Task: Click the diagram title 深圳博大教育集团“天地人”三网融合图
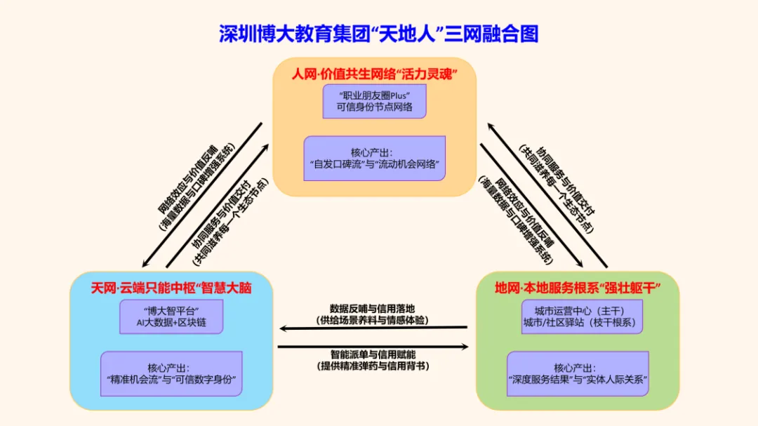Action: (378, 34)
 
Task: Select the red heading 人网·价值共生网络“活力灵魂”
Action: (374, 74)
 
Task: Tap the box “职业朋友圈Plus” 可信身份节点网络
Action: (374, 101)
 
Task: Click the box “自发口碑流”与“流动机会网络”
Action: (374, 158)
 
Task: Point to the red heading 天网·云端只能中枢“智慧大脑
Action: (171, 288)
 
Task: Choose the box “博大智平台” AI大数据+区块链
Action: (171, 317)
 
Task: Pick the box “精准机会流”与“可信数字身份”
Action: (171, 374)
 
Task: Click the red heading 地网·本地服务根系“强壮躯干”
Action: (578, 288)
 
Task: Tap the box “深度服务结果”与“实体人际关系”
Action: (578, 374)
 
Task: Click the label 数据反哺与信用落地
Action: (372, 309)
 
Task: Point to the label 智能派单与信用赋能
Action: (373, 354)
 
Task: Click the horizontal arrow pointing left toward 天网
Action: (373, 328)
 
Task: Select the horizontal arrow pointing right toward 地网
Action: (373, 347)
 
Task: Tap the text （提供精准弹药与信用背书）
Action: (373, 366)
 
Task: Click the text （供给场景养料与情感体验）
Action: (372, 320)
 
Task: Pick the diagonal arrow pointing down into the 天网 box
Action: (202, 195)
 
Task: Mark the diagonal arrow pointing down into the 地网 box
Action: (531, 206)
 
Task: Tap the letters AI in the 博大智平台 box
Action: (140, 323)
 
